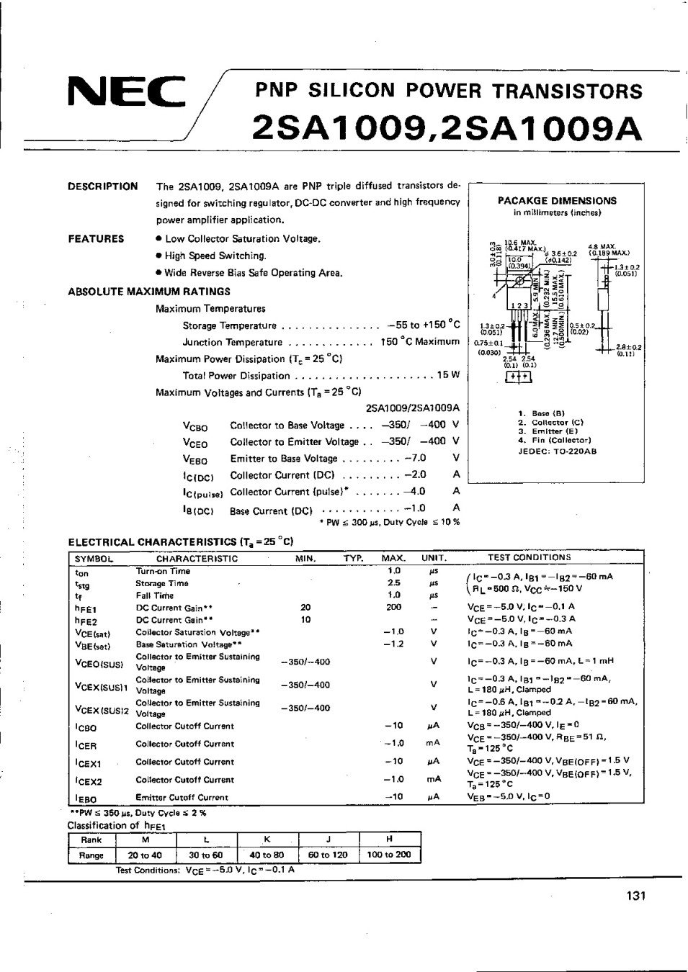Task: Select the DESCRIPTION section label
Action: pyautogui.click(x=102, y=186)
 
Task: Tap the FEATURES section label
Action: pyautogui.click(x=96, y=239)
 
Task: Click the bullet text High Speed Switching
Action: pyautogui.click(x=215, y=256)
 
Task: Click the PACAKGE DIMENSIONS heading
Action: pyautogui.click(x=557, y=201)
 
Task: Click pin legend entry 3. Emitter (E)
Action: pyautogui.click(x=550, y=431)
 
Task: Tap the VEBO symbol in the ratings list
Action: pyautogui.click(x=195, y=460)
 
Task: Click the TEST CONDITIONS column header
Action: pyautogui.click(x=529, y=557)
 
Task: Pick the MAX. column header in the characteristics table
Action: pyautogui.click(x=393, y=558)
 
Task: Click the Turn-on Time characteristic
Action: pyautogui.click(x=164, y=571)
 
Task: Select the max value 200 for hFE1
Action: pyautogui.click(x=393, y=607)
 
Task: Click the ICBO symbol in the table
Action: pyautogui.click(x=86, y=728)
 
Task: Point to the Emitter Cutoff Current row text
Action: pyautogui.click(x=182, y=797)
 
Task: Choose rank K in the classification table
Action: pyautogui.click(x=267, y=840)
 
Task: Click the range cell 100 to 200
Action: pyautogui.click(x=388, y=855)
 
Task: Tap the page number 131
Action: pyautogui.click(x=636, y=896)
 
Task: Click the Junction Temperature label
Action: pyautogui.click(x=232, y=343)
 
